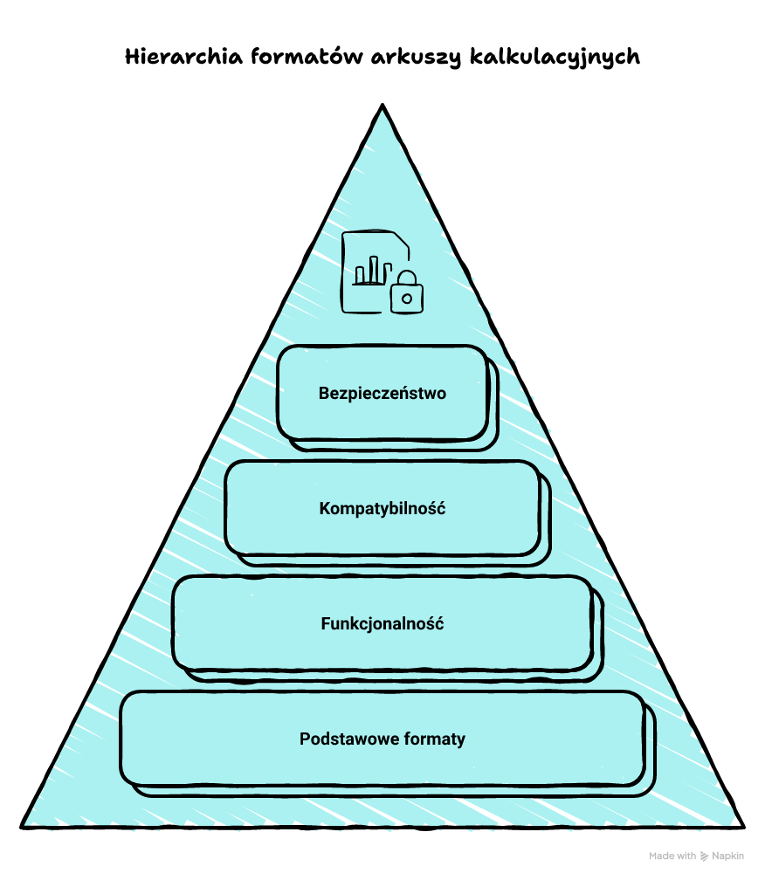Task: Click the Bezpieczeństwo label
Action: click(x=382, y=393)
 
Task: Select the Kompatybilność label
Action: click(x=382, y=508)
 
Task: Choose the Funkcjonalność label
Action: click(x=382, y=624)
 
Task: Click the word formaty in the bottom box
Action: click(x=435, y=739)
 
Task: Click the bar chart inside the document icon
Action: click(x=369, y=271)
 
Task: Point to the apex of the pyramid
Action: click(x=382, y=107)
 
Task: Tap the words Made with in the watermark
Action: click(x=672, y=856)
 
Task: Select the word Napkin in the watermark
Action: click(x=728, y=856)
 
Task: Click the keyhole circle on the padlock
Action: click(x=406, y=299)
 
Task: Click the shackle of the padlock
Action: click(x=406, y=278)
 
